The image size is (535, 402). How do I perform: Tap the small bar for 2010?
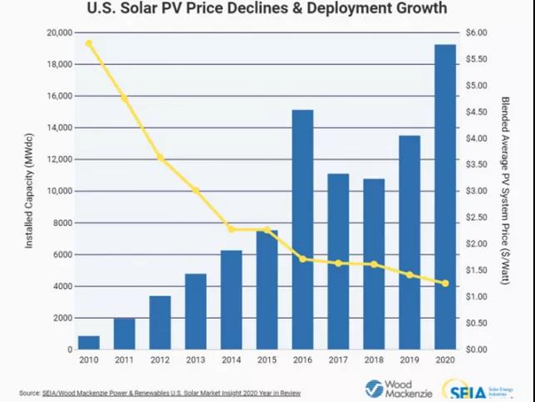88,342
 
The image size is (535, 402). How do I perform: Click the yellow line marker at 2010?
89,43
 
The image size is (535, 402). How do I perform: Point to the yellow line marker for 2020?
445,283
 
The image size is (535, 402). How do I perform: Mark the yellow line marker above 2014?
231,229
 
